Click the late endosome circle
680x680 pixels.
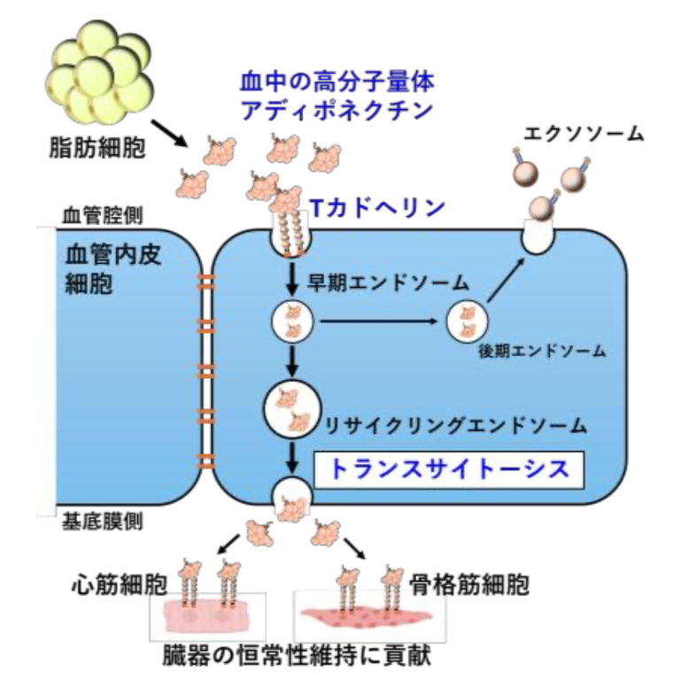click(465, 321)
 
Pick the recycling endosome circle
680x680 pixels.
click(291, 409)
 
